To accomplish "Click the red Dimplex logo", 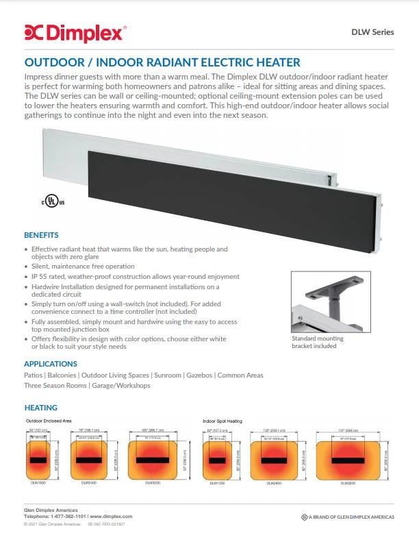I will click(x=75, y=32).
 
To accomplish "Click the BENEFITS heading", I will click(x=41, y=234).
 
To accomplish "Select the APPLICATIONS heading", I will click(x=51, y=364).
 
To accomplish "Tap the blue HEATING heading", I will click(x=40, y=408).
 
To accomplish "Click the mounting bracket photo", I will click(x=325, y=302).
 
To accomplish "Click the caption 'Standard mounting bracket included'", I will click(x=318, y=343).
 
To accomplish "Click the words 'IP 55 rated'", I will click(x=49, y=276).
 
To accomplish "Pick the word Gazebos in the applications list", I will click(x=200, y=375).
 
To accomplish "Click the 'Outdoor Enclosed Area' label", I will click(x=49, y=420).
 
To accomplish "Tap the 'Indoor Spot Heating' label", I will click(x=223, y=420).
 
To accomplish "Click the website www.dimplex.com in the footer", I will click(x=110, y=516).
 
